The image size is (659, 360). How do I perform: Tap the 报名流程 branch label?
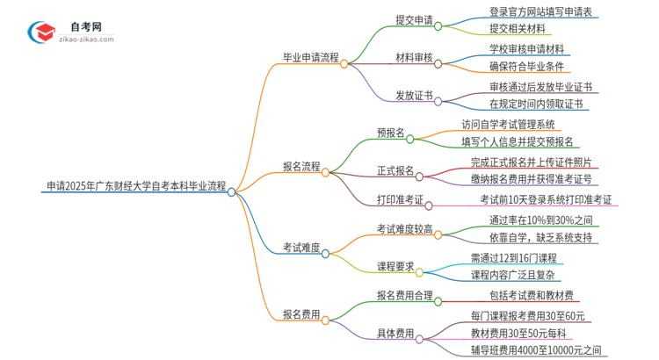pyautogui.click(x=301, y=165)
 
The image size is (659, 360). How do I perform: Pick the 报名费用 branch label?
pyautogui.click(x=301, y=313)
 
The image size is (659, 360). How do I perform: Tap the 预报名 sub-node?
pyautogui.click(x=391, y=133)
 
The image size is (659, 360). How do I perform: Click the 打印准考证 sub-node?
pyautogui.click(x=402, y=201)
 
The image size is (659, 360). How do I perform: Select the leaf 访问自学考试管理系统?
pyautogui.click(x=509, y=124)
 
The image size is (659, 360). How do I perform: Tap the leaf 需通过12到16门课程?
pyautogui.click(x=513, y=258)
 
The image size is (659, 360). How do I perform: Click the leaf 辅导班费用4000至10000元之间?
pyautogui.click(x=537, y=349)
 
